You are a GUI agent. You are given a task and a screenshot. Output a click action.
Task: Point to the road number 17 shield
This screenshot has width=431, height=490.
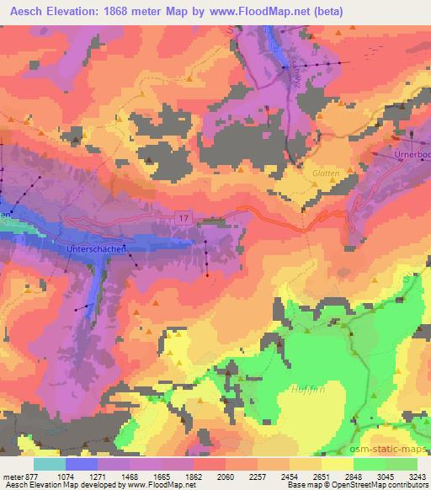[x=184, y=218]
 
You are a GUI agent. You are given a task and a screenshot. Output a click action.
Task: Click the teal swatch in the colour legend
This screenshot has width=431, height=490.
[x=49, y=464]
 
